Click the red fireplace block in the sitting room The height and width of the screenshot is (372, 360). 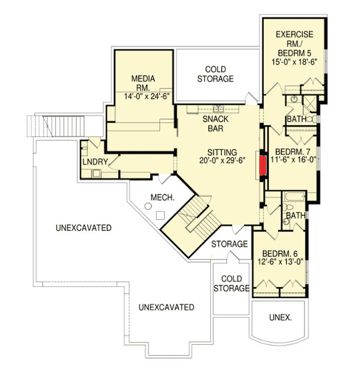[x=263, y=166]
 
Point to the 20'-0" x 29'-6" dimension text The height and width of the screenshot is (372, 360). [x=222, y=160]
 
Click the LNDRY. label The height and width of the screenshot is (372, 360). [x=94, y=162]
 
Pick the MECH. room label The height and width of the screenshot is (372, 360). [x=161, y=197]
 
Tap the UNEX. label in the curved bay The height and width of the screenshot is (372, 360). [x=280, y=318]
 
